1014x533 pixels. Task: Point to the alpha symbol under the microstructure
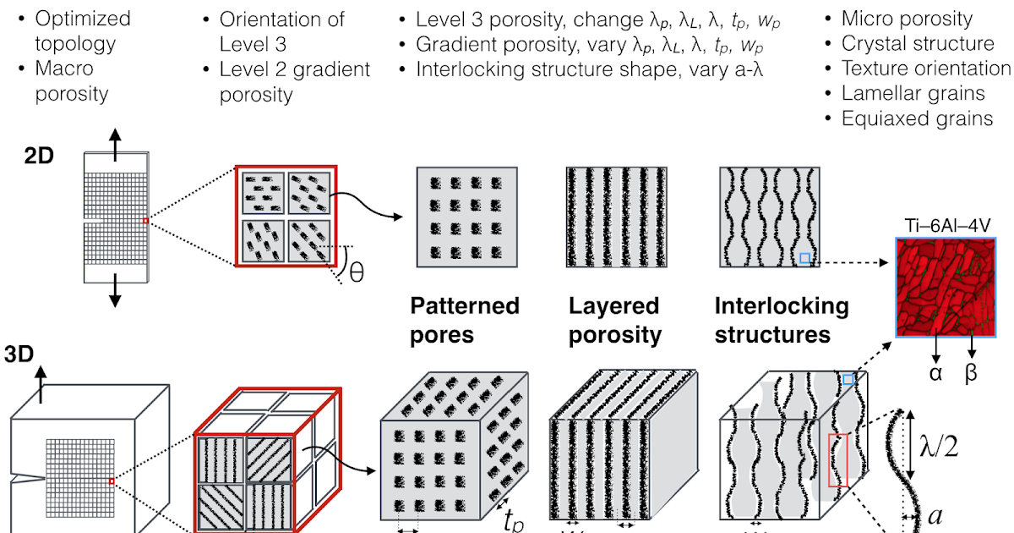tap(936, 372)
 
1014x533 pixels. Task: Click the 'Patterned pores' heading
tap(464, 319)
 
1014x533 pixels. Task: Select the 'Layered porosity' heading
tap(614, 319)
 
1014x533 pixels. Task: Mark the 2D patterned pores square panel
tap(468, 217)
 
